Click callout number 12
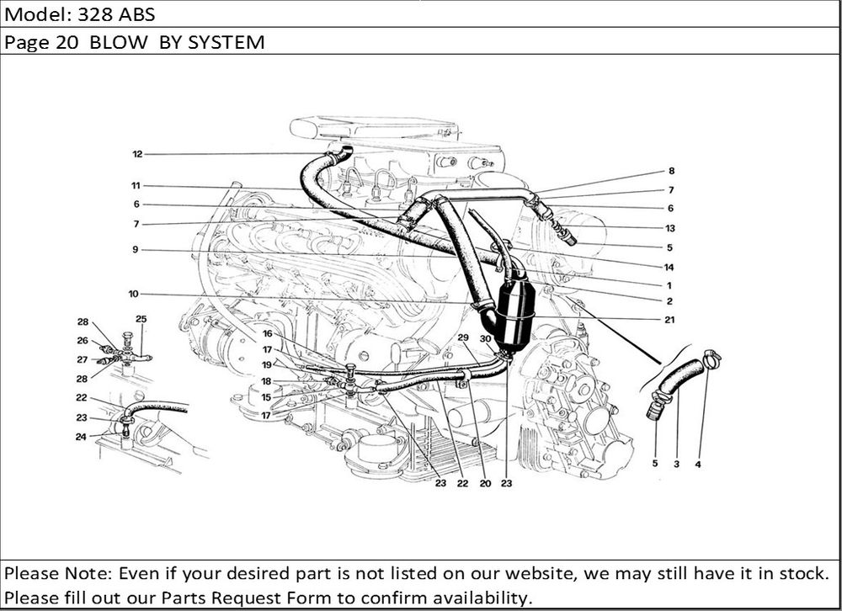click(x=137, y=154)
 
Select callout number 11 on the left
click(x=136, y=186)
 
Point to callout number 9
click(x=136, y=250)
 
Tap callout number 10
click(x=134, y=294)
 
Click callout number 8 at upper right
click(x=671, y=172)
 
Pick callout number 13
click(x=670, y=228)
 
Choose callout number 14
click(x=669, y=268)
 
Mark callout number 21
click(x=669, y=320)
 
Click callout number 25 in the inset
click(x=141, y=319)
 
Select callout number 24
click(x=81, y=437)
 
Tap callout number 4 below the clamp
click(x=698, y=465)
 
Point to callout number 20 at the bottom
click(x=486, y=484)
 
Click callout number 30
click(x=486, y=339)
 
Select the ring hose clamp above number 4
click(x=711, y=359)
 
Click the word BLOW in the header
click(x=118, y=42)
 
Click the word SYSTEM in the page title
click(x=226, y=42)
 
